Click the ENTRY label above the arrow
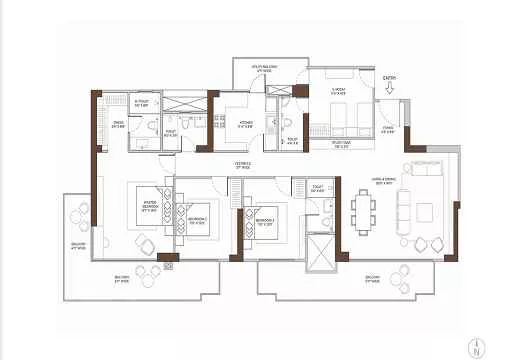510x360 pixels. point(391,76)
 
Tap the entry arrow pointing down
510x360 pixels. point(391,89)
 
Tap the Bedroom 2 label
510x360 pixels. point(197,219)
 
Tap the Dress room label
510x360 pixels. point(118,125)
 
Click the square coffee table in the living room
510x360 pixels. point(425,209)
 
